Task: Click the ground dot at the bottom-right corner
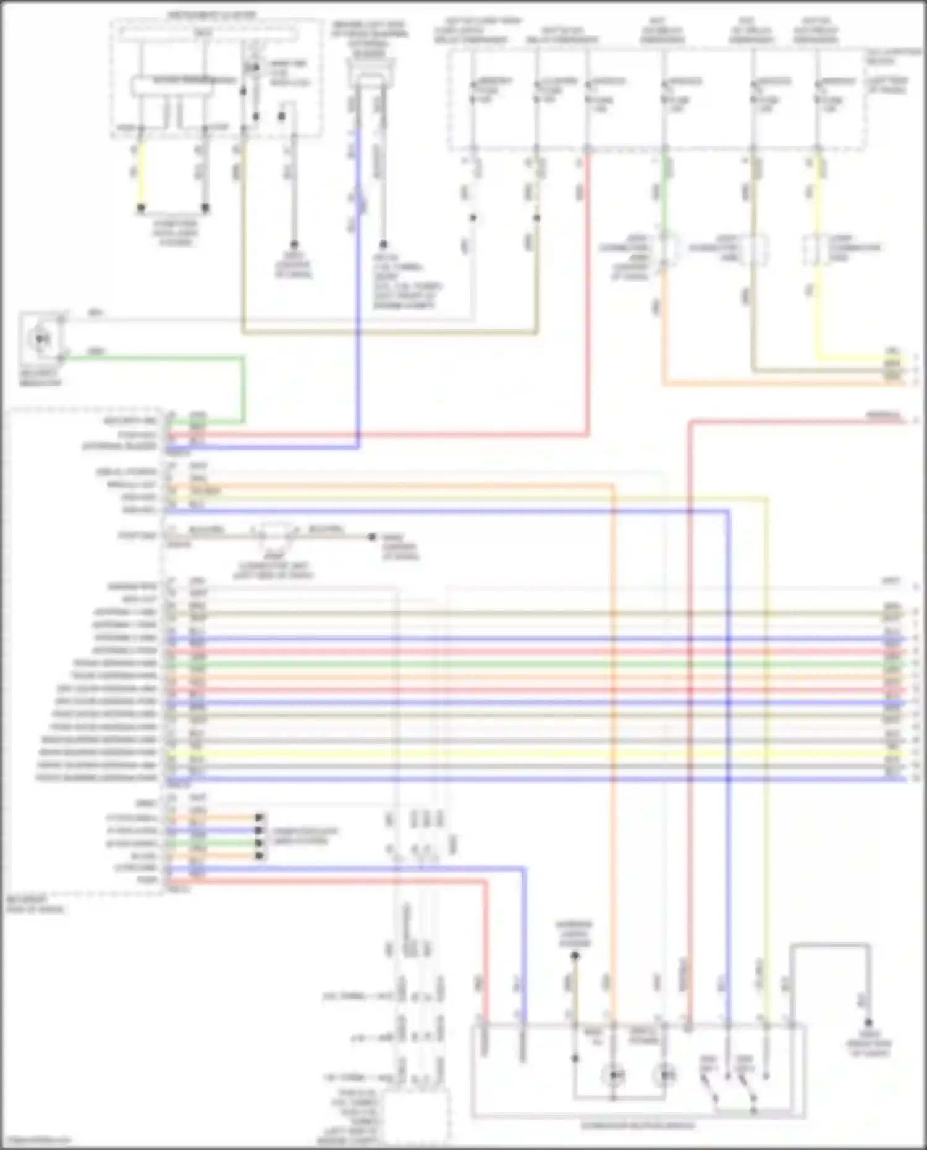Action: (868, 1023)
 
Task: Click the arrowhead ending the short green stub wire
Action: (260, 843)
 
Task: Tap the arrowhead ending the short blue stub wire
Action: (260, 831)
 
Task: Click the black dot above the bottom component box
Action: (575, 955)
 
